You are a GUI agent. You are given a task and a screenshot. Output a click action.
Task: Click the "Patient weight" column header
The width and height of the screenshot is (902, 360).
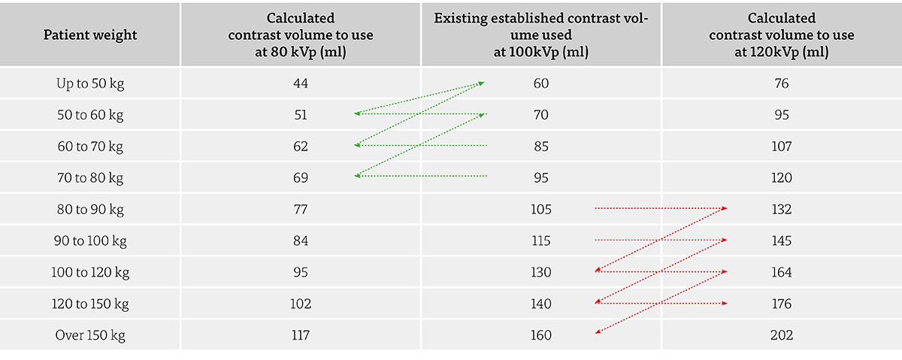(x=90, y=35)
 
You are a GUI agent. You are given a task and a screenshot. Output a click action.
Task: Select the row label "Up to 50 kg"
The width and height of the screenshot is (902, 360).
(x=90, y=83)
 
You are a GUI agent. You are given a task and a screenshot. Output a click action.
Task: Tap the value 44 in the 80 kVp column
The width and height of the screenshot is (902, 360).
(x=301, y=83)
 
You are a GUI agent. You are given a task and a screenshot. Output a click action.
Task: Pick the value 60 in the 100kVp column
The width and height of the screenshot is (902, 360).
(x=540, y=83)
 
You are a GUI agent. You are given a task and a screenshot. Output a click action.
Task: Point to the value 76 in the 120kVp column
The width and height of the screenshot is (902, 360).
(x=781, y=83)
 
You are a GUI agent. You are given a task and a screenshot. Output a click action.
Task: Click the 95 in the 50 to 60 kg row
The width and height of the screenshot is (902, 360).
(x=781, y=115)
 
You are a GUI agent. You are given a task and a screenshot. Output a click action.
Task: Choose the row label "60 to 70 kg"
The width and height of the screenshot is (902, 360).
(x=90, y=146)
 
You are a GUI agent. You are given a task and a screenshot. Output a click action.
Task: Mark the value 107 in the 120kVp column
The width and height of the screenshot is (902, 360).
(x=781, y=146)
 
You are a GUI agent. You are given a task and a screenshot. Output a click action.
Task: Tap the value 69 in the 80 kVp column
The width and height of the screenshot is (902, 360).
(x=301, y=177)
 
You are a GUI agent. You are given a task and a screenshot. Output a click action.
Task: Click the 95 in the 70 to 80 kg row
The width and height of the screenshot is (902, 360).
(x=540, y=177)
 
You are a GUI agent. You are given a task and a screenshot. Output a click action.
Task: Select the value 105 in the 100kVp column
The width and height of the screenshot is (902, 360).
(x=540, y=210)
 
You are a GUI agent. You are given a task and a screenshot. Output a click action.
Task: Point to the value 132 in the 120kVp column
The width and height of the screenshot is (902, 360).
(x=781, y=210)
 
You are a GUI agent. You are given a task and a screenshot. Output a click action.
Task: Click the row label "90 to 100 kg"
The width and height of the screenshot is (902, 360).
(x=90, y=241)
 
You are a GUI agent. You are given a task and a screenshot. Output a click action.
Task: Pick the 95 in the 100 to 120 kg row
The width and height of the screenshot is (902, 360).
(x=301, y=272)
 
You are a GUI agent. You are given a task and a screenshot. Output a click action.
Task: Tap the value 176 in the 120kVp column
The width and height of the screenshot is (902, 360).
(x=781, y=304)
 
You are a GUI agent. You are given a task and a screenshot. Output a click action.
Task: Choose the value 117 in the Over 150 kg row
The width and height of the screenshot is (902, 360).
(x=301, y=335)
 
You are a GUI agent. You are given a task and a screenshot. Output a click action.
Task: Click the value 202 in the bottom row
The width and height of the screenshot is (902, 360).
(x=781, y=335)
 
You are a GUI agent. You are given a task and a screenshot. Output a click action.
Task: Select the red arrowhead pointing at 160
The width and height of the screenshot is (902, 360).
(x=598, y=331)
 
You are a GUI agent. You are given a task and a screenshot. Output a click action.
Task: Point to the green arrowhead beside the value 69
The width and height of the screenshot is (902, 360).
(x=357, y=176)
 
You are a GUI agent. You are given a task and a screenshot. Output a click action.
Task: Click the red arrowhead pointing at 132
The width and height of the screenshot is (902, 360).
(x=724, y=208)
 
